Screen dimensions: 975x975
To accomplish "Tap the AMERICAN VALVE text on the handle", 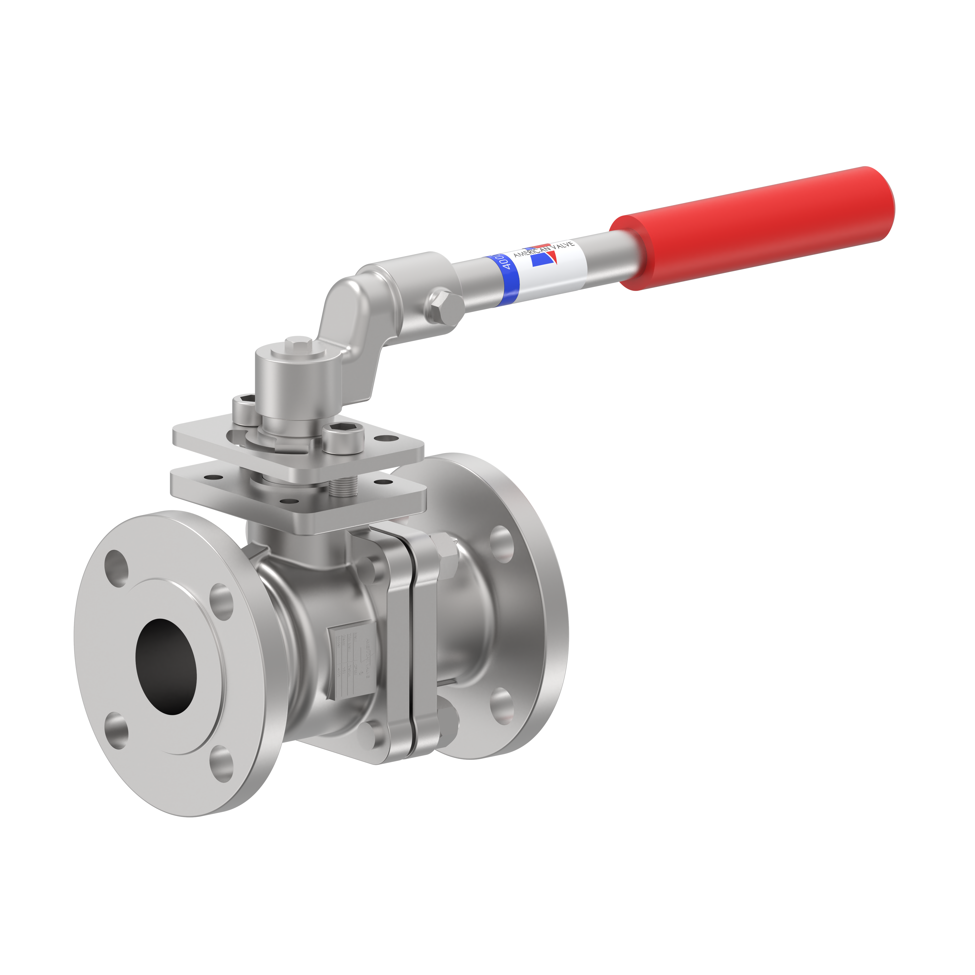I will click(x=544, y=249).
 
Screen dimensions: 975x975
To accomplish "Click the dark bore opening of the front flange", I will click(x=167, y=666).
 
